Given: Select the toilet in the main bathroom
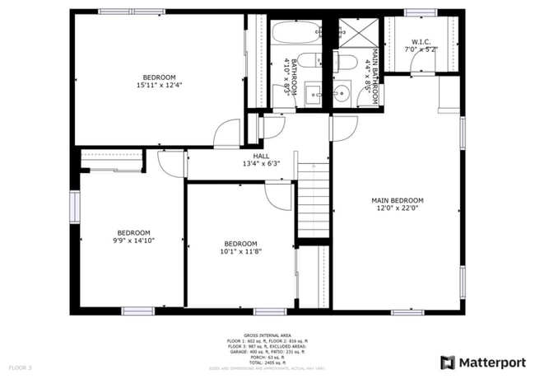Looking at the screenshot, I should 346,63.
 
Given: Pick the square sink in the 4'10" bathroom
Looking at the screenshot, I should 314,92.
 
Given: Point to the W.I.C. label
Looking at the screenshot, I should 421,41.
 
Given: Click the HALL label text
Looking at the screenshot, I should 261,155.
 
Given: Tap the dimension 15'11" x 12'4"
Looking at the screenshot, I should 159,85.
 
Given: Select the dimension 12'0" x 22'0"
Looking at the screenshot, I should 397,208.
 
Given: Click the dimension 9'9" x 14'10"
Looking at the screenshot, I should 133,241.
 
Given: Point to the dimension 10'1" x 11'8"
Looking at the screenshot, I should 240,252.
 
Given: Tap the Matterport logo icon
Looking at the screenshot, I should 448,362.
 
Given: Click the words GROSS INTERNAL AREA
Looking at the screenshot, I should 267,335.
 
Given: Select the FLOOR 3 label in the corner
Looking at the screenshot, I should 20,367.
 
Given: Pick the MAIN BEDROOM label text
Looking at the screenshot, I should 397,200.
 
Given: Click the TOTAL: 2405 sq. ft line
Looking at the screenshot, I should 267,362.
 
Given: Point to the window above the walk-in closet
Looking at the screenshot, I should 419,12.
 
